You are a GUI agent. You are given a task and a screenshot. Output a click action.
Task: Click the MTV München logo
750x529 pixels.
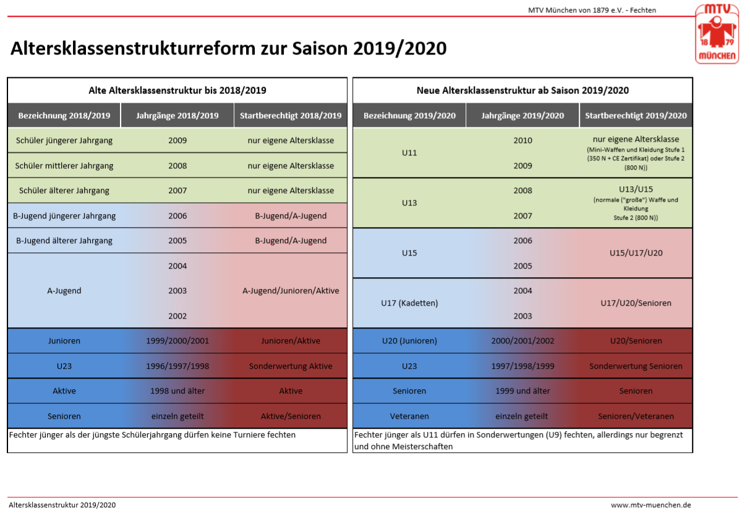(x=717, y=33)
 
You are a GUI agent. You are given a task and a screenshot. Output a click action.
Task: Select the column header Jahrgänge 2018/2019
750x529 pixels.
(x=177, y=116)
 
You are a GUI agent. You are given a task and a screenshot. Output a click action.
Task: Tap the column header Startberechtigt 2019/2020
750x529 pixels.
(x=636, y=116)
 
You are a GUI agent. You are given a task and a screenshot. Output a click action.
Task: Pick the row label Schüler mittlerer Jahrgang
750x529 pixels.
(x=64, y=165)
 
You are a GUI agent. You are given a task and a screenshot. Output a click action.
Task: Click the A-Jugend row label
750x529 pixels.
(x=64, y=290)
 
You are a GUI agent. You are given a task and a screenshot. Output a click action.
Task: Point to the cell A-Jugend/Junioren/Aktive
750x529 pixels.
(x=291, y=290)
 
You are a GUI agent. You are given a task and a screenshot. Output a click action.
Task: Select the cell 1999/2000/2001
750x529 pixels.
(x=177, y=341)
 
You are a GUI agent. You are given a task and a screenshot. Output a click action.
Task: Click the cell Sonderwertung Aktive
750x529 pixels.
(x=291, y=366)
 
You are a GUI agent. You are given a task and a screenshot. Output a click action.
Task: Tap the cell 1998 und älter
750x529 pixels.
(x=177, y=391)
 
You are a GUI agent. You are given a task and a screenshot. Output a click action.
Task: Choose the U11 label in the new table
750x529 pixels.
(x=409, y=153)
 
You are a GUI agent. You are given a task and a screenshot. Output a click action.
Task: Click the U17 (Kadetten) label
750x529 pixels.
(x=409, y=303)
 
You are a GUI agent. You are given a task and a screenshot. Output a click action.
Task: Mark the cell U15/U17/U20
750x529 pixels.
(x=636, y=253)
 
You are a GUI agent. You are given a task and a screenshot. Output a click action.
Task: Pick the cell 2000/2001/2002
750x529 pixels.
(x=522, y=341)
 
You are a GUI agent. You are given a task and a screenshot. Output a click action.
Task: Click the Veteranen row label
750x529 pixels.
(x=409, y=416)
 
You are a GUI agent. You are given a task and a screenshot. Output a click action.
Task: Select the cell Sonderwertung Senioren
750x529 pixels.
(x=636, y=366)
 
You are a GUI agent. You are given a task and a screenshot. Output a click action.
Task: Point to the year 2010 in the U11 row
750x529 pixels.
(x=522, y=140)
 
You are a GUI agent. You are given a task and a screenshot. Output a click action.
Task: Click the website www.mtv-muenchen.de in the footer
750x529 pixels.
(x=650, y=505)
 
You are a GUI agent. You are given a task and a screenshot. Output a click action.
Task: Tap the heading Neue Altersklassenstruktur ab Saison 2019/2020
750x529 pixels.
(x=522, y=90)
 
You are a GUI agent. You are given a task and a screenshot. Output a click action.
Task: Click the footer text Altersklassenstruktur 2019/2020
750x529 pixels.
(x=62, y=505)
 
